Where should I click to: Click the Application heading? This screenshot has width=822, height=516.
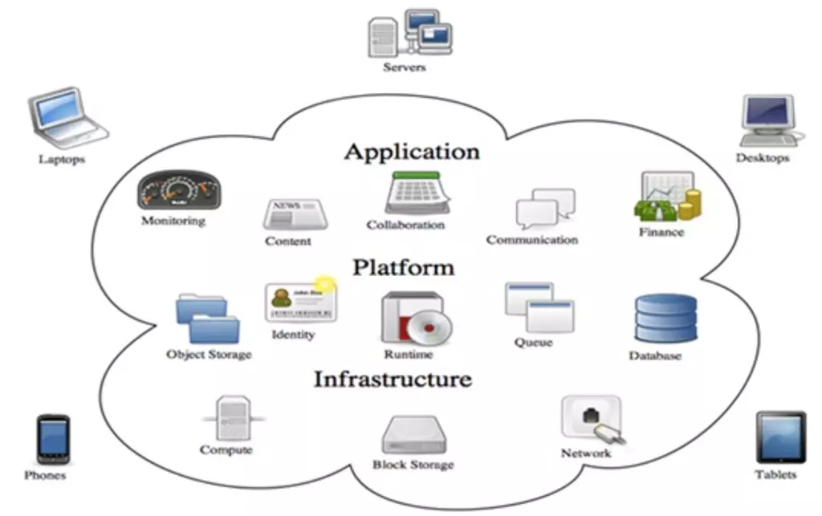click(x=412, y=152)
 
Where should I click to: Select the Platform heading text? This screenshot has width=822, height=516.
click(x=404, y=267)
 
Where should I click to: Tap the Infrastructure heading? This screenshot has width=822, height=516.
click(x=393, y=379)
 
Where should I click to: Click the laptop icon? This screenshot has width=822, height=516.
click(x=67, y=119)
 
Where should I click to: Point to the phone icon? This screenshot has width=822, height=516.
click(x=53, y=439)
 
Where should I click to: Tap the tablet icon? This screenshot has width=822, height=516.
click(x=780, y=437)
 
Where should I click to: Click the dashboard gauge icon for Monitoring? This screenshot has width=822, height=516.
click(x=179, y=190)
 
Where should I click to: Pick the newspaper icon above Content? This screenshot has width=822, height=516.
click(x=295, y=214)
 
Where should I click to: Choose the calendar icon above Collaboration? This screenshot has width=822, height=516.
click(x=417, y=193)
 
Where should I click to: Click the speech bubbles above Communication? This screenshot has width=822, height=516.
click(x=545, y=209)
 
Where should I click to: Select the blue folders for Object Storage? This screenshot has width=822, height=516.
click(x=208, y=319)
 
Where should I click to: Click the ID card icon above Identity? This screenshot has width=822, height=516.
click(x=301, y=302)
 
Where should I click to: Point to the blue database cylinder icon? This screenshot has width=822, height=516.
click(x=665, y=319)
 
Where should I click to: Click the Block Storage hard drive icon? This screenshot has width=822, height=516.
click(x=414, y=435)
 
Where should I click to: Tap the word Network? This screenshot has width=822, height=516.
click(x=585, y=453)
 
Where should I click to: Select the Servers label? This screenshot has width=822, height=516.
click(x=405, y=67)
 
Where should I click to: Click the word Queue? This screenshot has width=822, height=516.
click(x=533, y=343)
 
